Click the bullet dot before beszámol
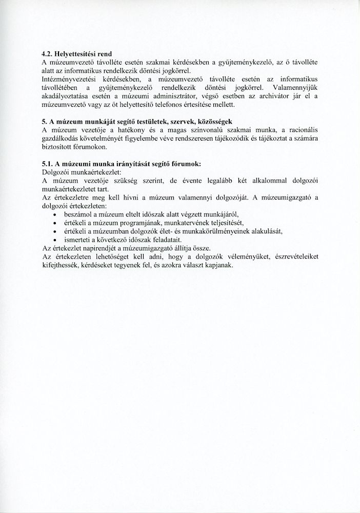click(55, 214)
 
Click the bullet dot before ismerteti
click(55, 239)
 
